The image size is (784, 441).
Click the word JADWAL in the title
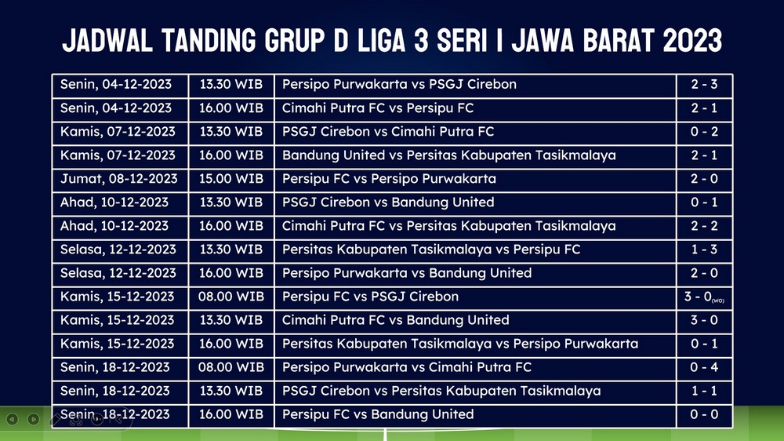click(x=107, y=41)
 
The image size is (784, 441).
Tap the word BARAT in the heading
click(x=619, y=41)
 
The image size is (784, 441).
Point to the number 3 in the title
click(x=421, y=41)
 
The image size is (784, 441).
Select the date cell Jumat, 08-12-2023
click(x=119, y=179)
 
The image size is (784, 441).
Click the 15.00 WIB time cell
click(x=231, y=179)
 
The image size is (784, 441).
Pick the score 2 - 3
click(x=704, y=84)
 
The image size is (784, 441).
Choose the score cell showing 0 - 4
click(x=704, y=367)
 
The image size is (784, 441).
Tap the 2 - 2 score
click(x=704, y=226)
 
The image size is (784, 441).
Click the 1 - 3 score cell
click(x=704, y=250)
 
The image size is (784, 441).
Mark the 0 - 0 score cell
click(x=704, y=414)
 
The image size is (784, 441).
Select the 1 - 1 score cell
click(x=704, y=391)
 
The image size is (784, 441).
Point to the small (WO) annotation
click(x=718, y=301)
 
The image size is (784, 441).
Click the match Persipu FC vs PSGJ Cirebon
click(x=370, y=297)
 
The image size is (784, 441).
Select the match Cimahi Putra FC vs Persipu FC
click(x=378, y=108)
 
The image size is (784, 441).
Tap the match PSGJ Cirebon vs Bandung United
click(x=388, y=202)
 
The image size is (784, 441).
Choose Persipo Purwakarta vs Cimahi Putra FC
click(x=406, y=367)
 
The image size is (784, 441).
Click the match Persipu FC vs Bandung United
click(x=378, y=414)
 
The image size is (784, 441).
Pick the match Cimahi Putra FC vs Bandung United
click(x=395, y=320)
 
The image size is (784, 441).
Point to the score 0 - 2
click(x=704, y=132)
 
